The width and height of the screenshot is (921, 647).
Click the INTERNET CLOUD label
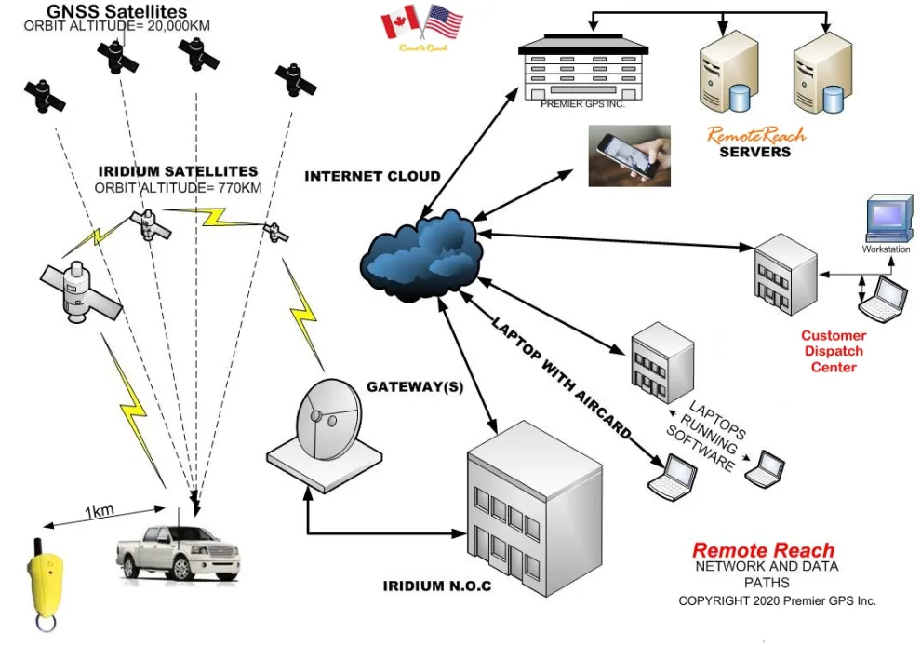coord(373,176)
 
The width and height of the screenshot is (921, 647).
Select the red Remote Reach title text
coord(763,550)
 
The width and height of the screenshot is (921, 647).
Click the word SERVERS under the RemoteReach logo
coord(754,151)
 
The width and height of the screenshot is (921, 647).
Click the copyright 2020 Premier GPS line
coord(777,600)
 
